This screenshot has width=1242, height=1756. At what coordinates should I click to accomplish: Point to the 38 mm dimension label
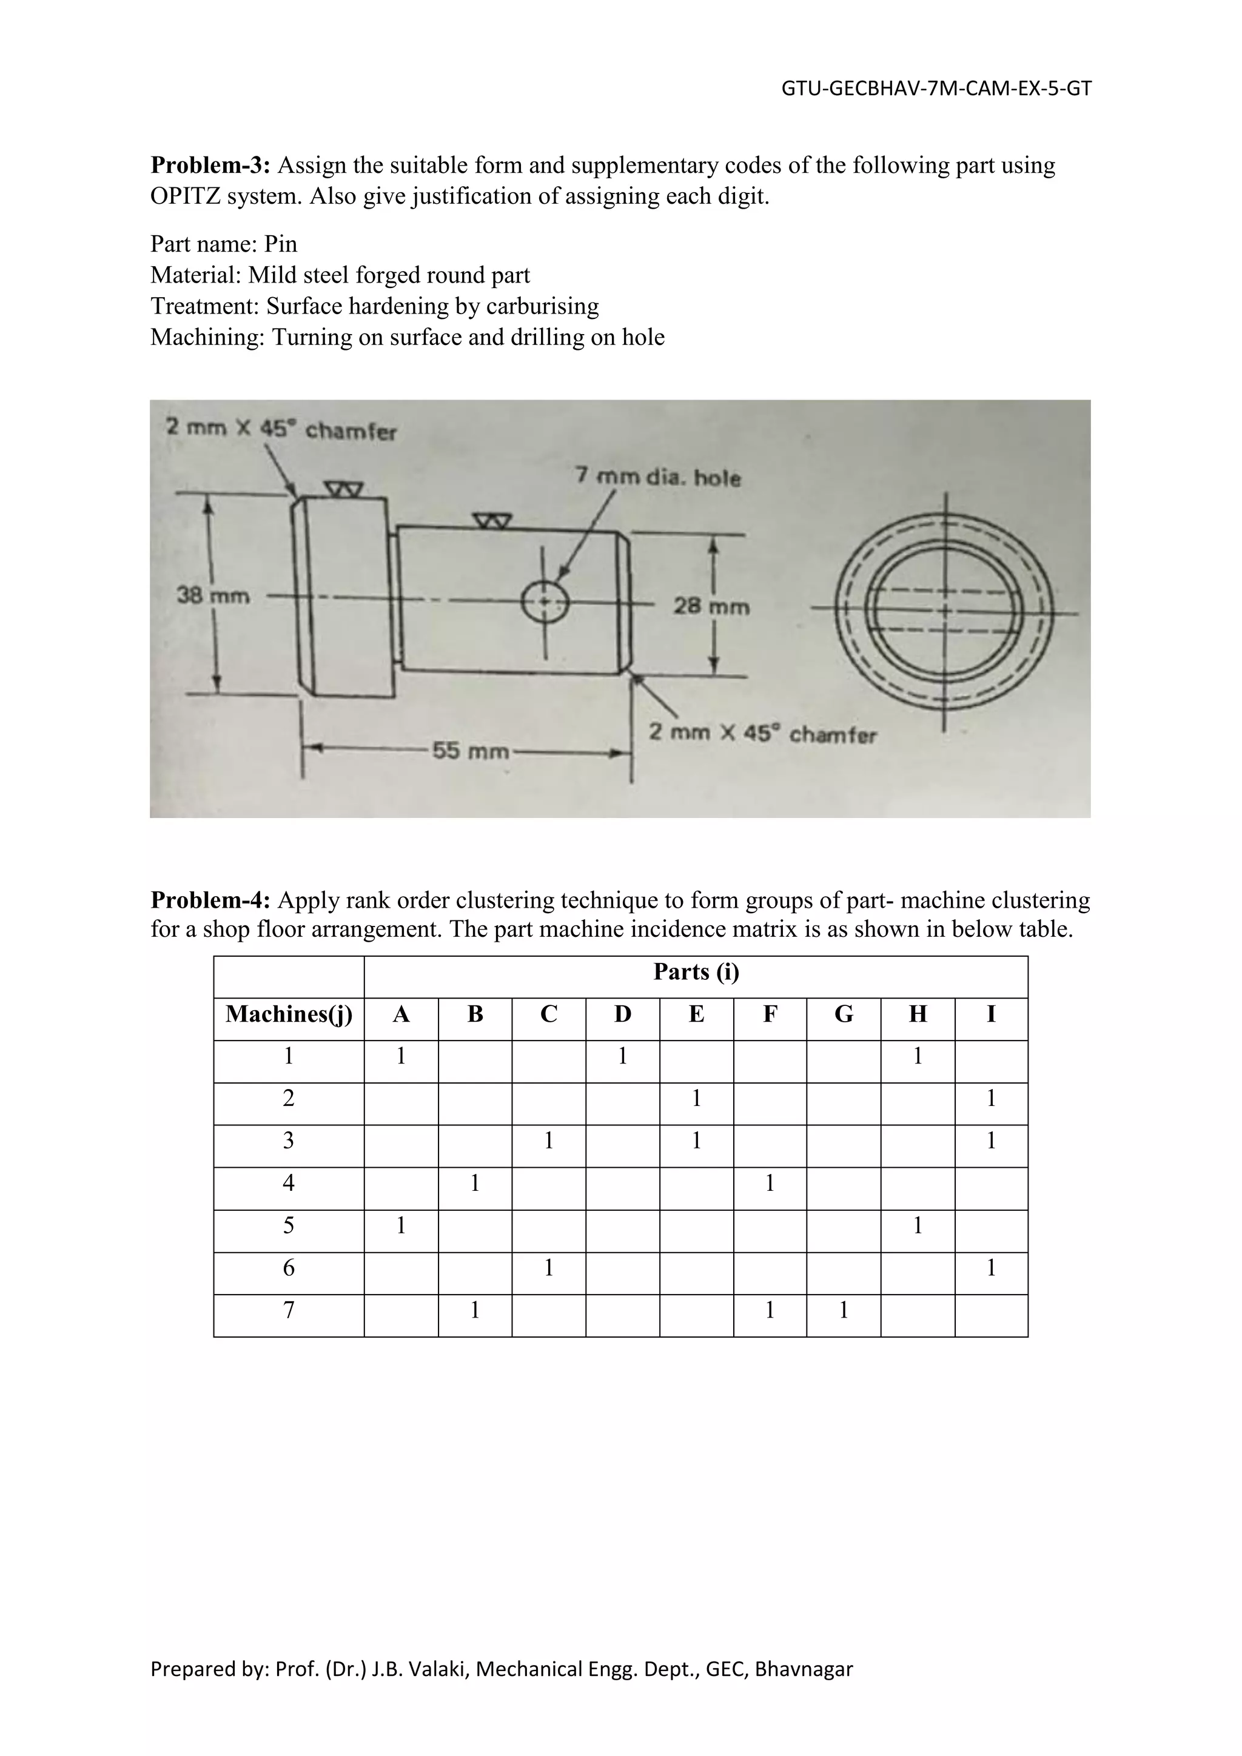pos(213,595)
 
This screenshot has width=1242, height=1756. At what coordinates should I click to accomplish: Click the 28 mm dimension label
pos(711,606)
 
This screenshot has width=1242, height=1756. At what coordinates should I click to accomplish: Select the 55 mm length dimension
pos(471,751)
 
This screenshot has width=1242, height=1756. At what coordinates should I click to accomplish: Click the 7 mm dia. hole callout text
pos(658,477)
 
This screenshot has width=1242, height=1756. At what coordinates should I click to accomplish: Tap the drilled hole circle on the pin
pos(545,602)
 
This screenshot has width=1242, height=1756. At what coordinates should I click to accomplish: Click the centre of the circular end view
pos(945,611)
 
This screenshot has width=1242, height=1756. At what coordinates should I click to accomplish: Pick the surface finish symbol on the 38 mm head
pos(343,489)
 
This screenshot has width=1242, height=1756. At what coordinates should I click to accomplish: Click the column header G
pos(843,1014)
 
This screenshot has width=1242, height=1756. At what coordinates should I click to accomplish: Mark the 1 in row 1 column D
pos(623,1056)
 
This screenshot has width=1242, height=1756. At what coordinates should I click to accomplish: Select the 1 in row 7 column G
pos(843,1311)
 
